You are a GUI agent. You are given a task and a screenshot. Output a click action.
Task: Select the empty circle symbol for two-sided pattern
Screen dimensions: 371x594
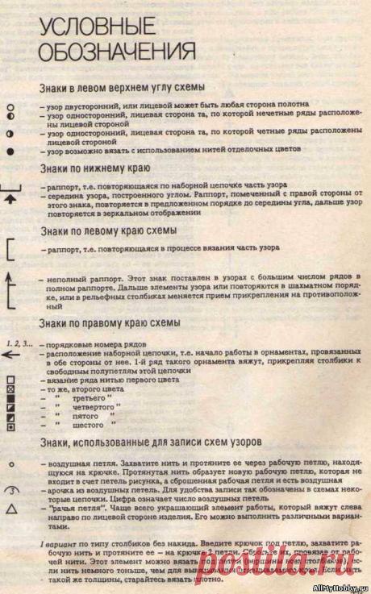tap(11, 106)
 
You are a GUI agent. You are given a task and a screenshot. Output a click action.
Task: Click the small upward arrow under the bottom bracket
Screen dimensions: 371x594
tap(11, 198)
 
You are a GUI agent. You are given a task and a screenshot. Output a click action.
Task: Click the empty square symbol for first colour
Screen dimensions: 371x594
tap(11, 379)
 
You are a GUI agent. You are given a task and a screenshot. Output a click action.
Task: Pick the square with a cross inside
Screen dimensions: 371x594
tap(11, 388)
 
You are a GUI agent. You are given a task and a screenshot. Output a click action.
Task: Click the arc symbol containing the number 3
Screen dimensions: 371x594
tap(11, 489)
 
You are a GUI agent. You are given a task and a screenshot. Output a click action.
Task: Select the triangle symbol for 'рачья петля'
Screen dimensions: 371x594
tap(11, 509)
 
